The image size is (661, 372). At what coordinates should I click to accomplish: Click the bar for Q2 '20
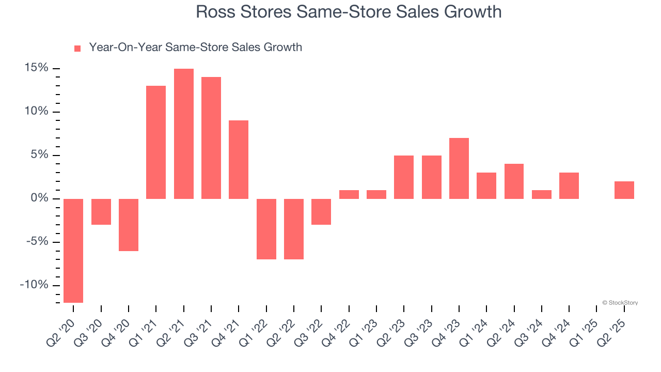click(73, 251)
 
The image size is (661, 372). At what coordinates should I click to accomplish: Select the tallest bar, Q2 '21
click(184, 134)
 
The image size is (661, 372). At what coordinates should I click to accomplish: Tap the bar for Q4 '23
click(459, 168)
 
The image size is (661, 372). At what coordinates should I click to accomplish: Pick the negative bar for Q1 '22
click(266, 229)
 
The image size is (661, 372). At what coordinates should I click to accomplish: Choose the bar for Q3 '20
click(101, 212)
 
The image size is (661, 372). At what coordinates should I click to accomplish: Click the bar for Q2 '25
click(624, 190)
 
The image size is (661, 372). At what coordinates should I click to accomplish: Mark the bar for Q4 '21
click(239, 160)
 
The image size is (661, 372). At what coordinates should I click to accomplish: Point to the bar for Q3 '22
click(321, 212)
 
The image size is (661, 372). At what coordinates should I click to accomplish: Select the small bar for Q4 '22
click(349, 195)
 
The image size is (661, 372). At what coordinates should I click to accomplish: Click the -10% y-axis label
click(35, 285)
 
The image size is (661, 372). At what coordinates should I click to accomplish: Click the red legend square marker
click(77, 49)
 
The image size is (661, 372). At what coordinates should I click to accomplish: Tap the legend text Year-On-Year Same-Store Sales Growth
click(195, 48)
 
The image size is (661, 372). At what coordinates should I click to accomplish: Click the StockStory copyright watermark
click(620, 303)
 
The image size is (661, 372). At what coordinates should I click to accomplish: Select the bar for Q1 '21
click(156, 142)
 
